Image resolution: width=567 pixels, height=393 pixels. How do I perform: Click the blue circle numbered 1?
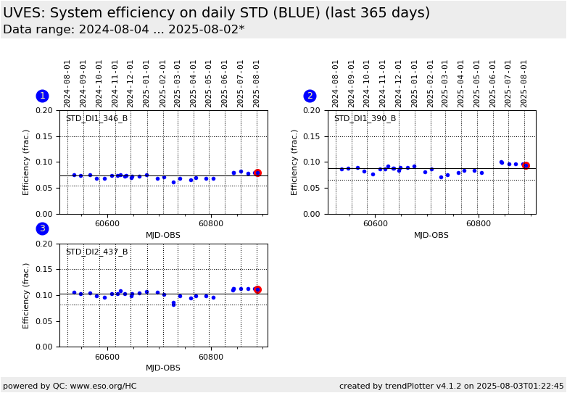42,96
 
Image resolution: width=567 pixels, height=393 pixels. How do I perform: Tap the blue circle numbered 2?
310,96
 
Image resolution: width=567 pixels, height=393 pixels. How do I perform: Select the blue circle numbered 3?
42,228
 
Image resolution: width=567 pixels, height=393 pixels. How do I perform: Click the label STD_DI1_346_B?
96,119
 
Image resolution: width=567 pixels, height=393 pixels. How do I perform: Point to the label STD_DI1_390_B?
365,119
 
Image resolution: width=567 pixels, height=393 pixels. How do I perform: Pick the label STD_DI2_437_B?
96,252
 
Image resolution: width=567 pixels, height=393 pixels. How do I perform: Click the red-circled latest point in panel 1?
257,173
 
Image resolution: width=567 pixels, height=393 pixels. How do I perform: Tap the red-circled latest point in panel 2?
526,165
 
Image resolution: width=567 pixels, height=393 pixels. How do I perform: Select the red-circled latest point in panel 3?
257,289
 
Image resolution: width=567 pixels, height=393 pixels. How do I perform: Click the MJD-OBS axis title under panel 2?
431,236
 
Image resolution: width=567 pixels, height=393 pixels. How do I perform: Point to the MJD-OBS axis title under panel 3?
163,368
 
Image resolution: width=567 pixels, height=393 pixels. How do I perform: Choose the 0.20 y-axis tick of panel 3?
44,244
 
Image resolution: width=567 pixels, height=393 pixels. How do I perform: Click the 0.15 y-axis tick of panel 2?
313,136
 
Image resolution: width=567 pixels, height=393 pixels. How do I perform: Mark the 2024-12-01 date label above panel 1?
131,83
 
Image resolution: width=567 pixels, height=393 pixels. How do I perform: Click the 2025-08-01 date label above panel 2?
525,83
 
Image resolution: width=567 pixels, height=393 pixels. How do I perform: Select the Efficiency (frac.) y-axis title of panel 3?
26,295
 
